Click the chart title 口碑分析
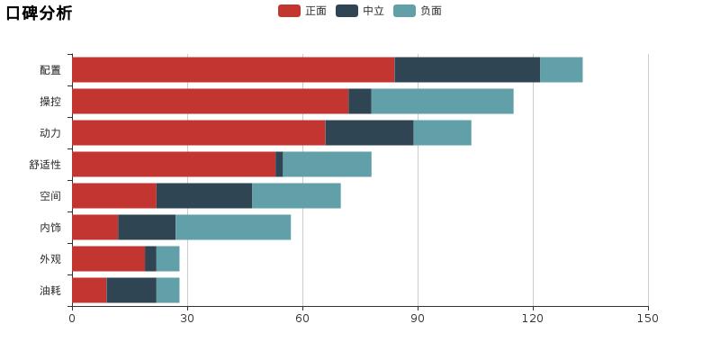point(39,13)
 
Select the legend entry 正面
point(303,11)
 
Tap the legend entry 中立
point(361,11)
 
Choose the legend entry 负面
point(418,11)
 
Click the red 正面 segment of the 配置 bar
point(233,69)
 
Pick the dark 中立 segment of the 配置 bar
point(467,69)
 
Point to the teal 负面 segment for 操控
point(442,101)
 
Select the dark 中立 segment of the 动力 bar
point(369,132)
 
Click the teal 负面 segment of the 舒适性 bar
point(327,164)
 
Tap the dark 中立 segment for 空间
point(204,195)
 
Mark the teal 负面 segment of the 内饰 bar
point(233,227)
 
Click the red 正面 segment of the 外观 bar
point(108,258)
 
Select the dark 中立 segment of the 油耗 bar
point(131,290)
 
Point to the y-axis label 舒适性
point(45,165)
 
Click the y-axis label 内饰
point(50,228)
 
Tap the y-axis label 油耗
point(50,291)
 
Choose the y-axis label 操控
point(50,102)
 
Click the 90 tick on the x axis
point(418,318)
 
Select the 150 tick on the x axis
point(648,318)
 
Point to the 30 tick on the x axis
point(187,318)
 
